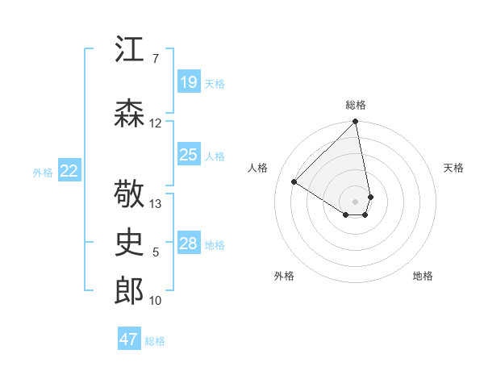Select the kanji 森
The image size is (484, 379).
(129, 114)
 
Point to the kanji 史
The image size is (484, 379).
(129, 242)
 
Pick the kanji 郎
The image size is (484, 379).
(129, 290)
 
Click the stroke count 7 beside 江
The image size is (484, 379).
(155, 59)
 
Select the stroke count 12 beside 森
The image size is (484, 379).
(156, 123)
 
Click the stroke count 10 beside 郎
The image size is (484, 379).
(156, 301)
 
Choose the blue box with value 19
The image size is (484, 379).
(188, 82)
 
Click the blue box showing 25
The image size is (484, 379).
(188, 155)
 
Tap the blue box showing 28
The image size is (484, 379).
(188, 244)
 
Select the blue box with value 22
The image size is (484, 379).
(69, 171)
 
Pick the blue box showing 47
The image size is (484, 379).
(129, 339)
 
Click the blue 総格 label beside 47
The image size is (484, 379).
(155, 341)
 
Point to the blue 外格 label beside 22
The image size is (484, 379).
(43, 172)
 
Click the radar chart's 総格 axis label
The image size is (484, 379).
(356, 105)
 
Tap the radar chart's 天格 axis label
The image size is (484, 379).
(454, 168)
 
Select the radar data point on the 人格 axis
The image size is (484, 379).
(294, 182)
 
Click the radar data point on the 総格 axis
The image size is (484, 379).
(355, 123)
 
